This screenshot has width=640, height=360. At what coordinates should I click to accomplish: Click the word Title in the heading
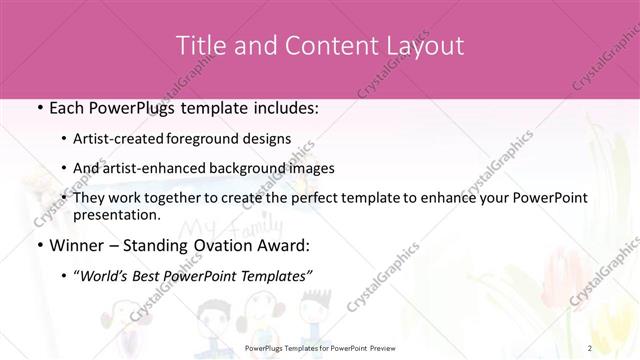[200, 45]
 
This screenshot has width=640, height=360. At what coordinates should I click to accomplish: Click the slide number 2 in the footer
[591, 348]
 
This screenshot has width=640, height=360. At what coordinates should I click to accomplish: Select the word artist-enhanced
[169, 168]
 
